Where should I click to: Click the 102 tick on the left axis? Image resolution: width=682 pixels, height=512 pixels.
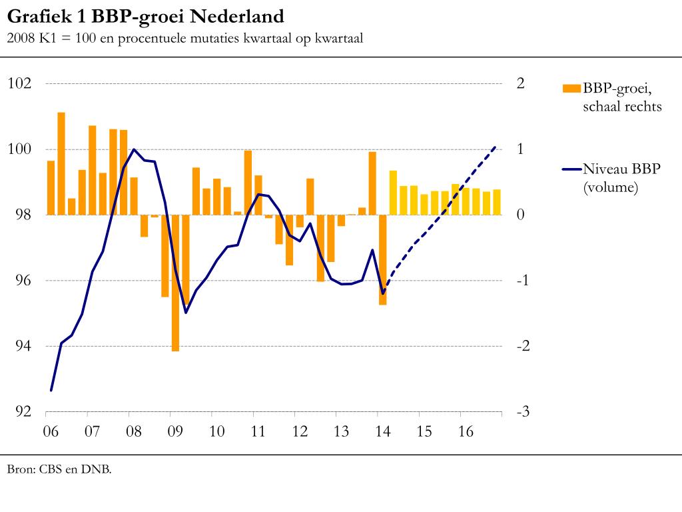pos(19,83)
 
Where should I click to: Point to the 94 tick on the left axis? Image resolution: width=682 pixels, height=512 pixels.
pos(20,346)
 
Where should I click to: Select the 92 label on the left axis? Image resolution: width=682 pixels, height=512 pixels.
pos(20,412)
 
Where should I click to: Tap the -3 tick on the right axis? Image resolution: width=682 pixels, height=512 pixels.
pos(523,412)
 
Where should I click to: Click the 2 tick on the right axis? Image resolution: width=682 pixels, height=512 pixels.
pos(521,83)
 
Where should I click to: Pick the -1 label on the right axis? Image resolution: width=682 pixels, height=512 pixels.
pos(523,281)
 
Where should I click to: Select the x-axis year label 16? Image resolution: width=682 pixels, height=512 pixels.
pos(466,431)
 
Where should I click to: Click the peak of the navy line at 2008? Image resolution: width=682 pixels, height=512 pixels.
pos(134,149)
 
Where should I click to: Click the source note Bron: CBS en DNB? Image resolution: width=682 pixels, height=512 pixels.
pos(59,469)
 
